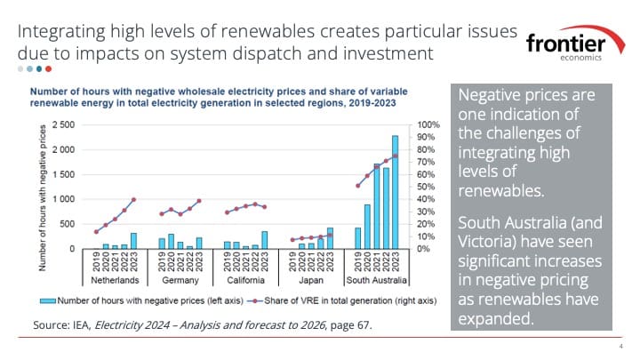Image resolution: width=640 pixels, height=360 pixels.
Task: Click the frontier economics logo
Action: (x=574, y=47)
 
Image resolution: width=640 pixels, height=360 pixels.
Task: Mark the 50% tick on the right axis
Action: (x=425, y=187)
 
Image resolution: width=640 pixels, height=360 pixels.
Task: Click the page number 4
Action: (x=620, y=348)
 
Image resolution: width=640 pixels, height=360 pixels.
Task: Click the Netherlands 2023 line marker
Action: (x=133, y=199)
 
